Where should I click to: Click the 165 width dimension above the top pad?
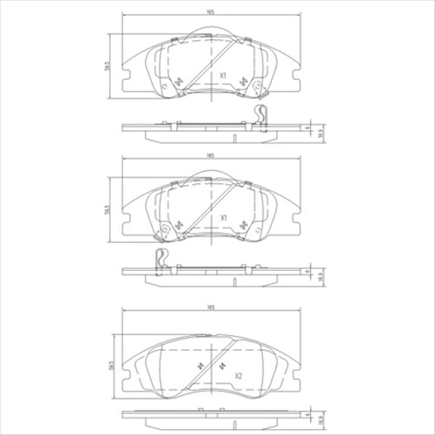pyautogui.click(x=211, y=12)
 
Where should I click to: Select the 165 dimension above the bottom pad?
pyautogui.click(x=211, y=306)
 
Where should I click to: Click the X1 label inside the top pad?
pyautogui.click(x=224, y=76)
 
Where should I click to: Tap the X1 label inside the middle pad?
pyautogui.click(x=224, y=219)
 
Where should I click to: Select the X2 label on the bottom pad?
pyautogui.click(x=236, y=375)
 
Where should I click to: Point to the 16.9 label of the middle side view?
pyautogui.click(x=321, y=275)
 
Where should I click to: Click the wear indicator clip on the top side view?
pyautogui.click(x=262, y=115)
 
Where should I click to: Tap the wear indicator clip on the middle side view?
pyautogui.click(x=160, y=259)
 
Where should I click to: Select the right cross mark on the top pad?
pyautogui.click(x=244, y=82)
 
